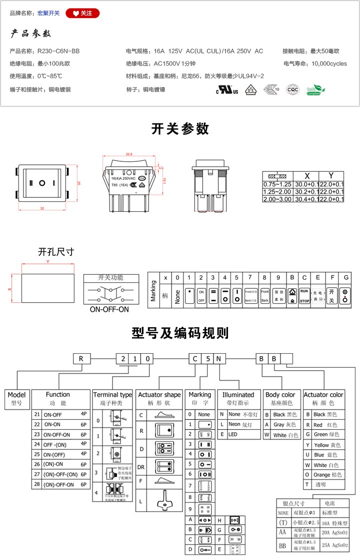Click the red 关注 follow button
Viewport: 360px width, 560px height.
click(82, 13)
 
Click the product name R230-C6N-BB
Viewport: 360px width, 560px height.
click(58, 51)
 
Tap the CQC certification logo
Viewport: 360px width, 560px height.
click(292, 90)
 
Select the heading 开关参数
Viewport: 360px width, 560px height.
click(180, 129)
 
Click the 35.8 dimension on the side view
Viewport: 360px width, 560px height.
click(129, 154)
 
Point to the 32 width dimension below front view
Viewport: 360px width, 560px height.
click(42, 208)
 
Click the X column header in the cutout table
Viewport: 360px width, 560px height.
click(307, 176)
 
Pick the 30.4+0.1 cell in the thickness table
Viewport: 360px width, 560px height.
click(307, 199)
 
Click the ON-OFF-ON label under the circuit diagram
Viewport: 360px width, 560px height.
click(109, 310)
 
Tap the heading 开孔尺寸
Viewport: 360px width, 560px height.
click(55, 252)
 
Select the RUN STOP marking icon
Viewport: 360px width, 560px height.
click(304, 295)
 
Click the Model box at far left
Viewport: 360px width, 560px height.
click(16, 398)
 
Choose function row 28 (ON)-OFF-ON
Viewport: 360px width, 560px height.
click(59, 485)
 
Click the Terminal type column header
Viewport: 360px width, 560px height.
click(112, 395)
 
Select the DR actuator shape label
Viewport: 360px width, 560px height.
click(141, 467)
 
